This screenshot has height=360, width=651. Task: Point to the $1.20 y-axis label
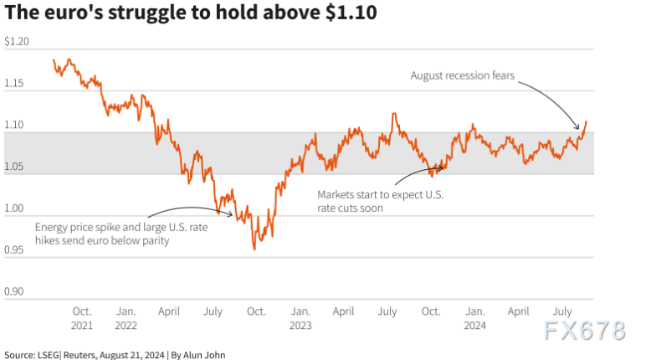pyautogui.click(x=17, y=42)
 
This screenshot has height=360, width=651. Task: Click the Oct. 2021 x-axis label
pyautogui.click(x=82, y=317)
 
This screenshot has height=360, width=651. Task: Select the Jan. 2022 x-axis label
pyautogui.click(x=126, y=317)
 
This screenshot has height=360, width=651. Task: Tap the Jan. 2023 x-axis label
pyautogui.click(x=300, y=317)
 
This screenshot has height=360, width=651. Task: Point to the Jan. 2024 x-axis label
pyautogui.click(x=474, y=317)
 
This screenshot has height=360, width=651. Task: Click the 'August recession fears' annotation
pyautogui.click(x=463, y=75)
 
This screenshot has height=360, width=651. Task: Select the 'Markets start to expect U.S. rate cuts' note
pyautogui.click(x=380, y=201)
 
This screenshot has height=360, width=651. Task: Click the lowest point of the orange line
pyautogui.click(x=254, y=249)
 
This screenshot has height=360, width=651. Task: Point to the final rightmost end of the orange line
pyautogui.click(x=587, y=121)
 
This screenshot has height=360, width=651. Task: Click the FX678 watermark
pyautogui.click(x=585, y=331)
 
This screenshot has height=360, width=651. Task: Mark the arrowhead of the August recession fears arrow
pyautogui.click(x=579, y=129)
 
